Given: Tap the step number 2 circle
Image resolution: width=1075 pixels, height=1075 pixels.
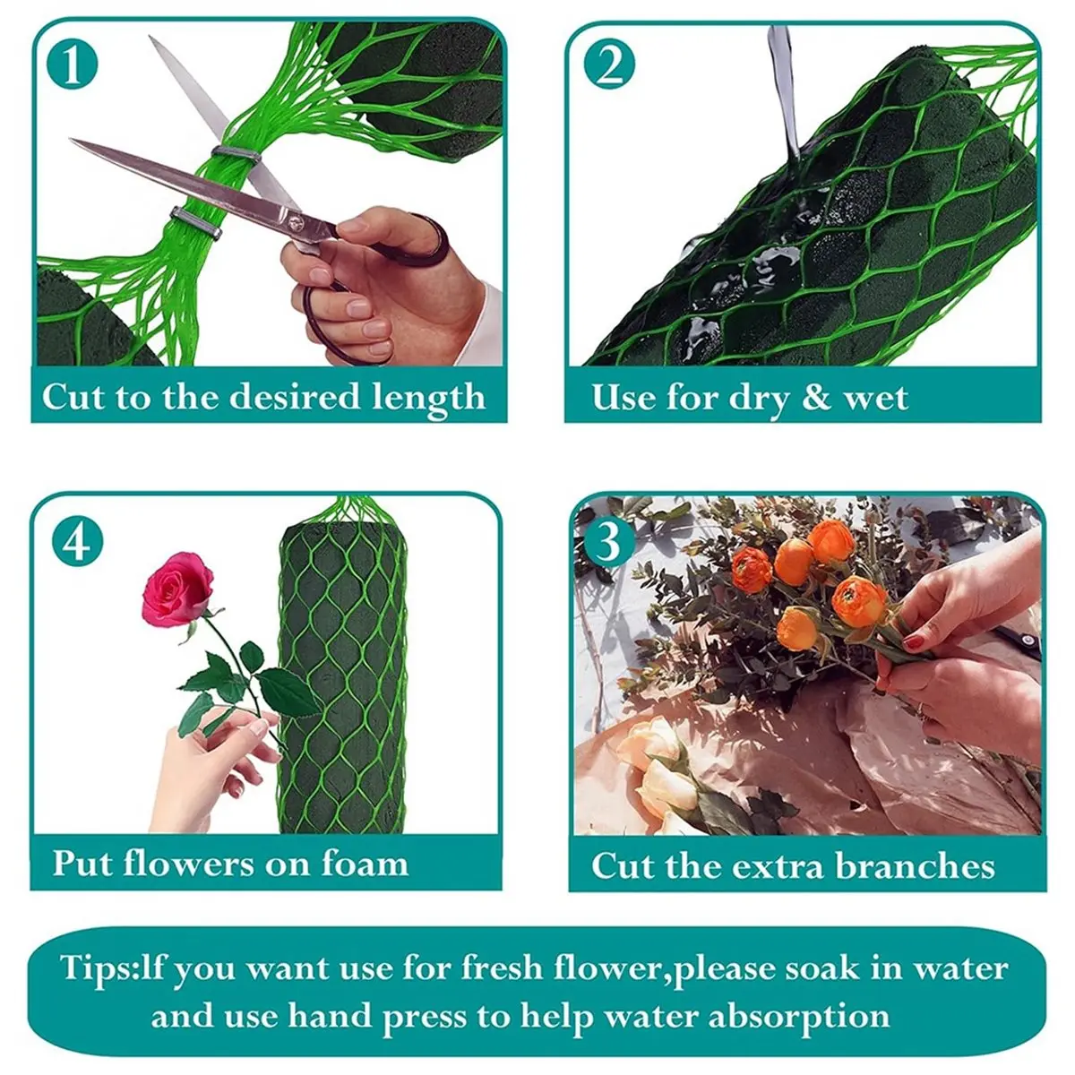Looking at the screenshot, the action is coord(609,64).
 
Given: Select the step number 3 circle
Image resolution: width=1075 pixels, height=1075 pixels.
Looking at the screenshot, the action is coord(608,542).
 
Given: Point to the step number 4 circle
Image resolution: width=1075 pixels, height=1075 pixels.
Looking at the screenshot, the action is coord(78,542).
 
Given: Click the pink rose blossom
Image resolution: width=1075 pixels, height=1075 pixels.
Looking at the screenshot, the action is coord(177,589).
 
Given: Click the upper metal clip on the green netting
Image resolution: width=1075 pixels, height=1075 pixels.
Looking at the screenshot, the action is coord(236,154).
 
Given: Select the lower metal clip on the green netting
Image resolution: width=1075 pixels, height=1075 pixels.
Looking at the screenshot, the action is coord(196,223).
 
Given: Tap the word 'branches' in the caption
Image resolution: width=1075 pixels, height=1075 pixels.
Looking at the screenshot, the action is coord(915,865).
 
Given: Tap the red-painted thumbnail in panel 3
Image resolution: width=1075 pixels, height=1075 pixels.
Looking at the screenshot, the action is coord(913,642).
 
